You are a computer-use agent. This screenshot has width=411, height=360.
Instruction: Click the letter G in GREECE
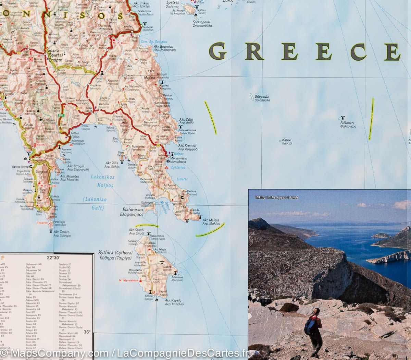click(x=217, y=51)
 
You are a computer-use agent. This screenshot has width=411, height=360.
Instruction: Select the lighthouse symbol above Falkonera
click(x=341, y=118)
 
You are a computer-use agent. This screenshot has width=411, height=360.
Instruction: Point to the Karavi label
click(x=287, y=142)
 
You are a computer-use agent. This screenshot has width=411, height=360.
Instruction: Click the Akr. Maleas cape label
click(x=211, y=222)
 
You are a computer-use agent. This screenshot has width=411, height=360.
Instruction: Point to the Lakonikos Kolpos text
click(x=102, y=181)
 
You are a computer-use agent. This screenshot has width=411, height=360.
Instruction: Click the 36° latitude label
click(x=87, y=332)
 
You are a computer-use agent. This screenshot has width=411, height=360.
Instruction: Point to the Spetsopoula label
click(x=202, y=24)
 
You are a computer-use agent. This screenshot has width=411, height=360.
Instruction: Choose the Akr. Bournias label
click(x=163, y=48)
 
